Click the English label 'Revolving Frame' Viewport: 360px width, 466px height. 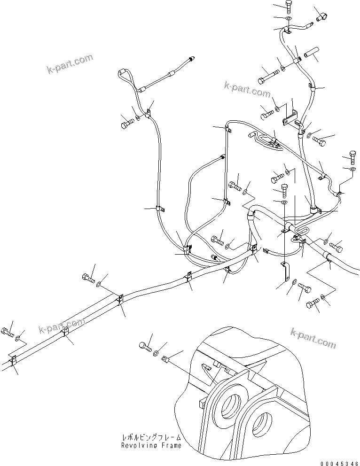click(x=150, y=445)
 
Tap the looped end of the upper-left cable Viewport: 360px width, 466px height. click(x=123, y=74)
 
